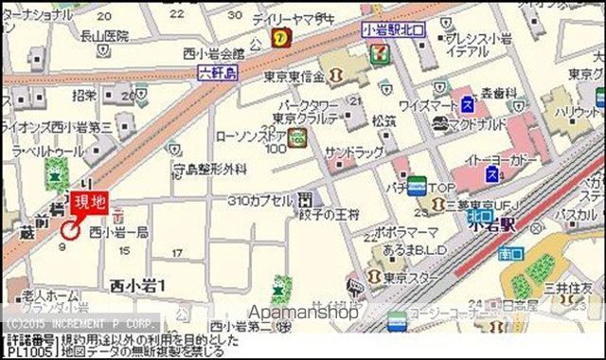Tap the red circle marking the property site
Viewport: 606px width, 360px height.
(69, 228)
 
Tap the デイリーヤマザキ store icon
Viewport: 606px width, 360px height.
(280, 37)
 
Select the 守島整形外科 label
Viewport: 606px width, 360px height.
(209, 169)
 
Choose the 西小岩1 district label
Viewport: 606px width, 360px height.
(137, 284)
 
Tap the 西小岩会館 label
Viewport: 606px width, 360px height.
(215, 53)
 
